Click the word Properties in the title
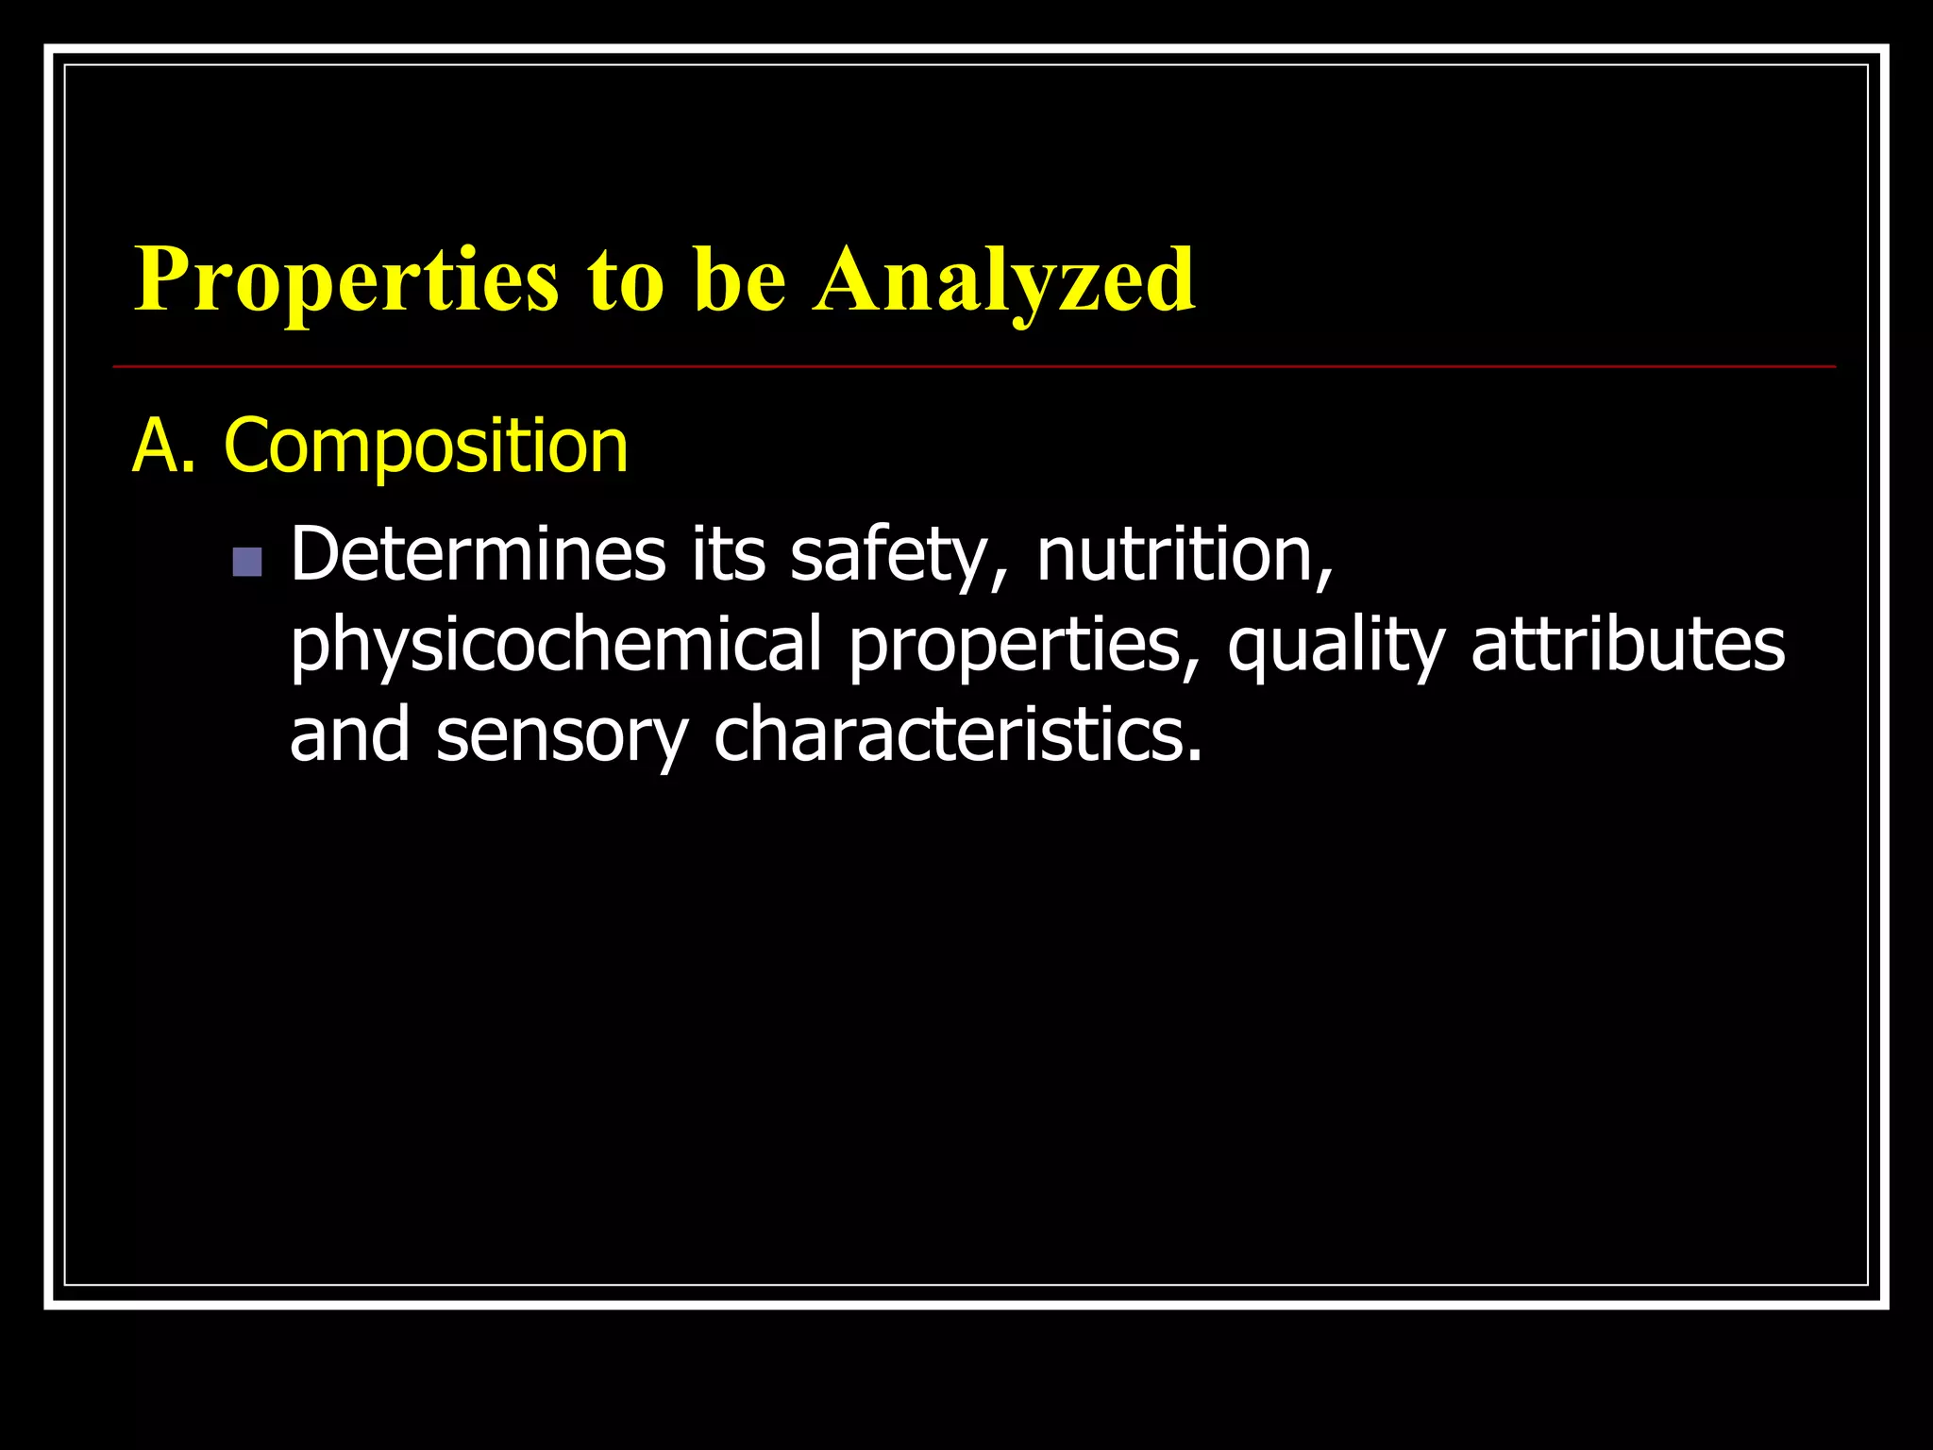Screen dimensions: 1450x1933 click(x=346, y=280)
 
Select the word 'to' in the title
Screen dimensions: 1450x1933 click(x=625, y=280)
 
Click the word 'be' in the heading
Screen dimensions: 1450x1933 click(x=740, y=280)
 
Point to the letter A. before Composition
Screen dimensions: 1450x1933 click(x=162, y=446)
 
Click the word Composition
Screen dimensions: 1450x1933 click(x=426, y=446)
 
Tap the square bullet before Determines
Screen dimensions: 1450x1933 click(x=247, y=563)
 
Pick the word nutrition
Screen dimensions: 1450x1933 click(x=1184, y=554)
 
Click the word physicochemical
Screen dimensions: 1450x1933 click(x=556, y=645)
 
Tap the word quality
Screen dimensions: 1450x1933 click(x=1336, y=645)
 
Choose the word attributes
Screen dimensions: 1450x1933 click(x=1628, y=645)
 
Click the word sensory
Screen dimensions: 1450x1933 click(x=562, y=735)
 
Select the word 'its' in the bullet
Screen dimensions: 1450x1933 click(x=728, y=554)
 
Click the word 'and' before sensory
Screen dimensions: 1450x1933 click(x=349, y=735)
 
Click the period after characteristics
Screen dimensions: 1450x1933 click(x=1194, y=755)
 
